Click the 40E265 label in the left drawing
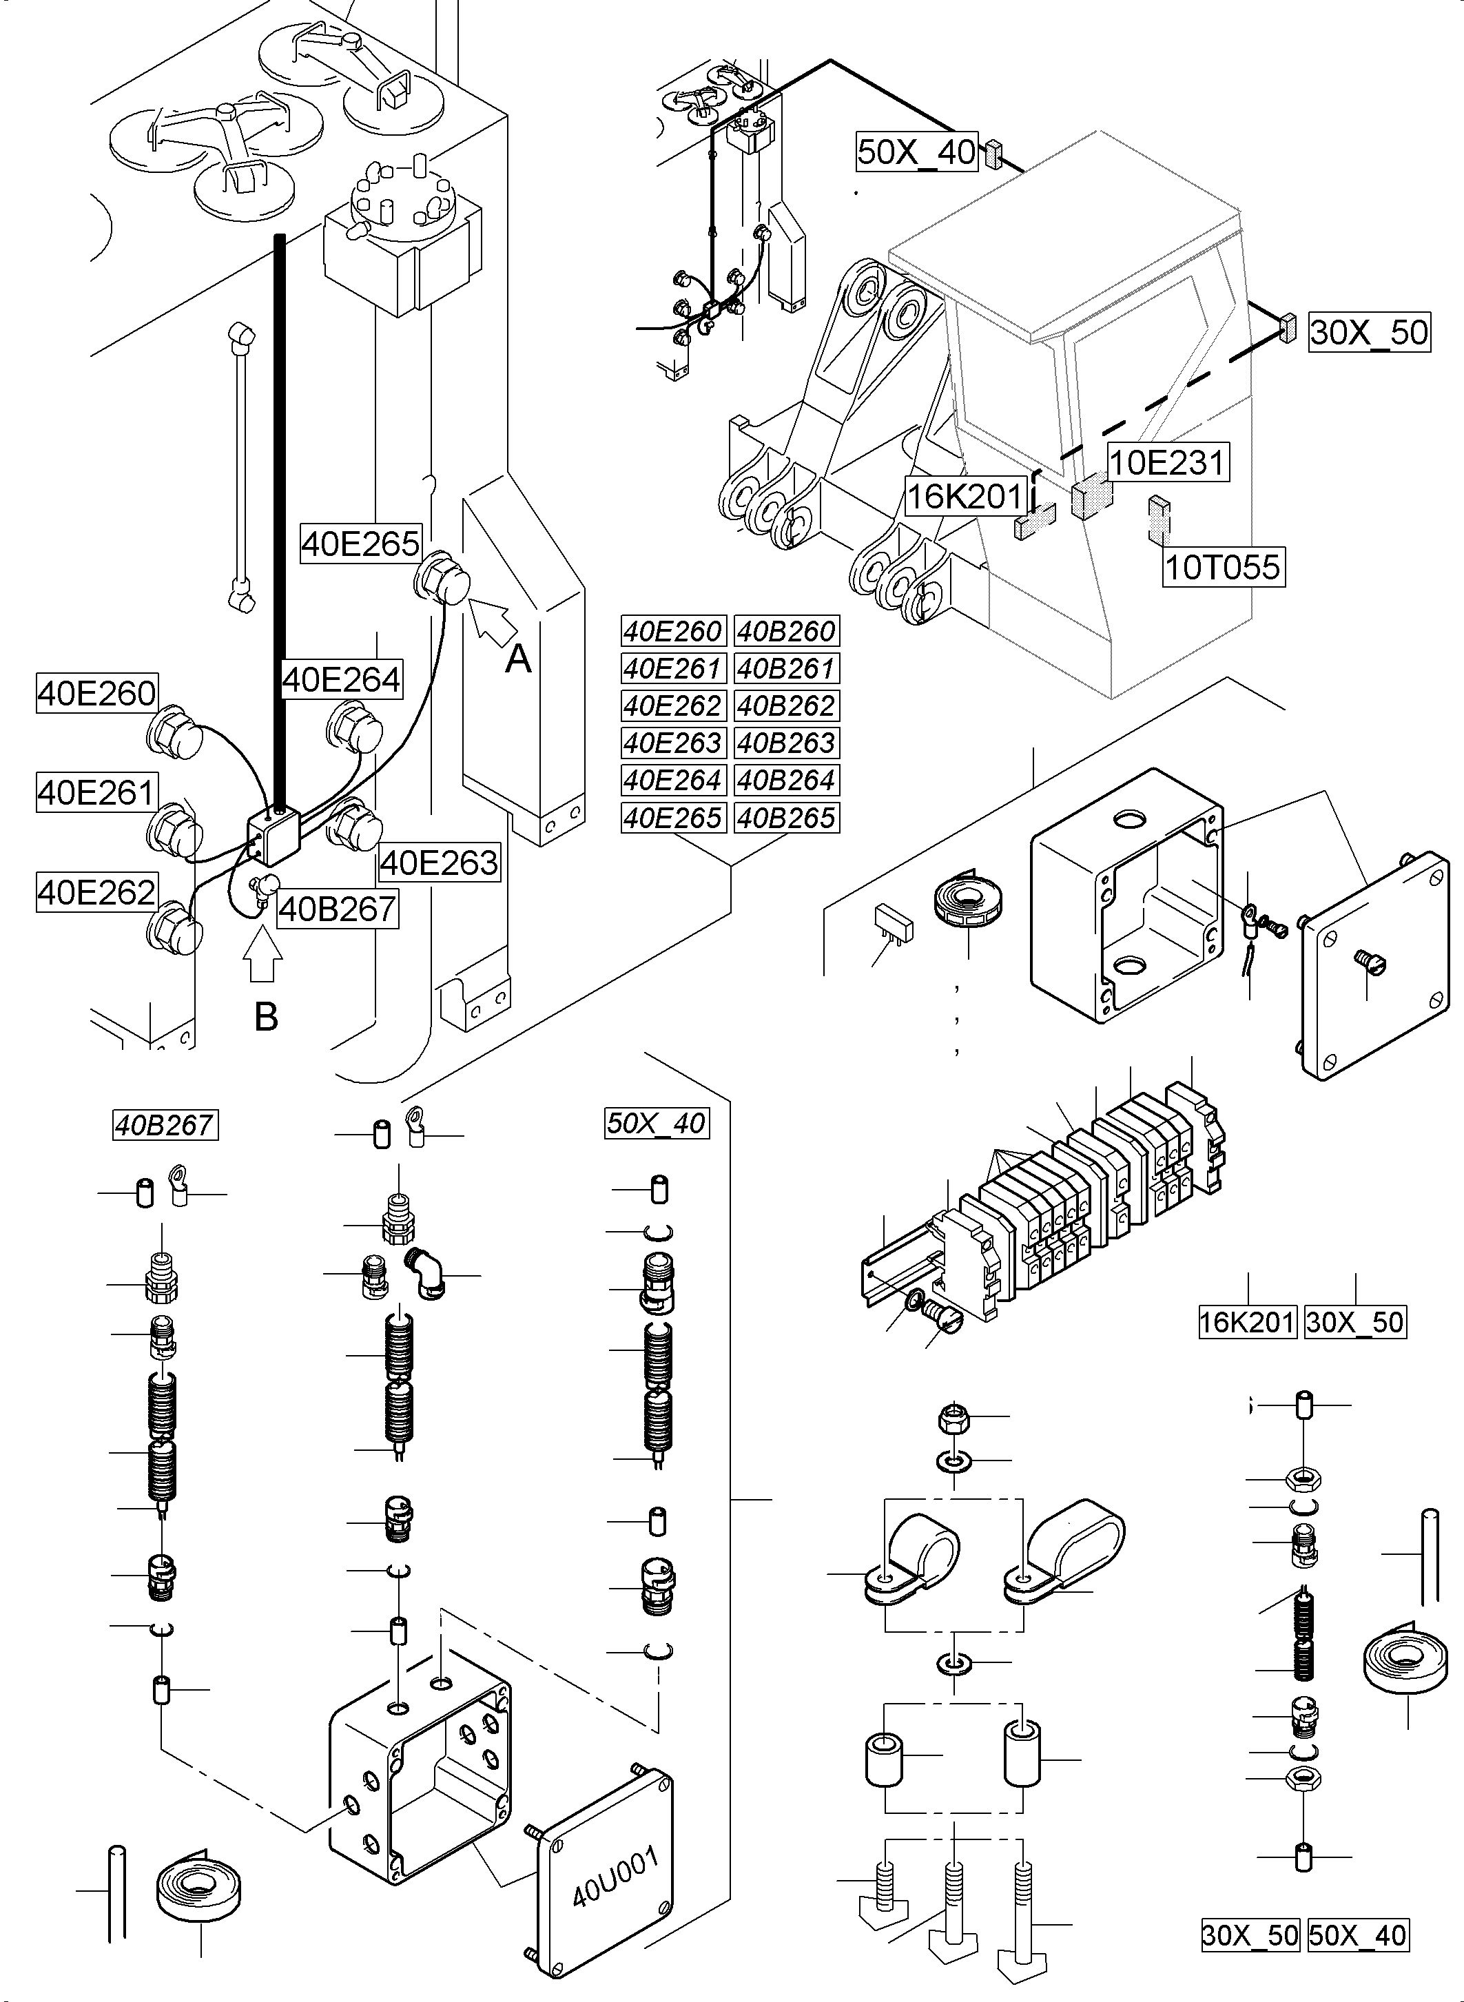[x=360, y=544]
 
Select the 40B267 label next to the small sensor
[x=337, y=909]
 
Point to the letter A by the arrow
[x=517, y=659]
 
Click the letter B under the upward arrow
[x=266, y=1017]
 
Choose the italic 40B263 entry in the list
[x=786, y=743]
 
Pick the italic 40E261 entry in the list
[x=672, y=668]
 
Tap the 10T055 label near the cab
[x=1222, y=566]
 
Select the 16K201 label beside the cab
[x=965, y=496]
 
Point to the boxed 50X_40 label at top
[x=916, y=152]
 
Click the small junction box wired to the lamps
[x=273, y=836]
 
